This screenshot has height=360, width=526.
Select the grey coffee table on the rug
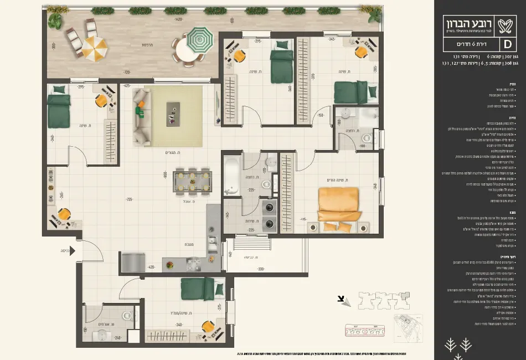coord(174,113)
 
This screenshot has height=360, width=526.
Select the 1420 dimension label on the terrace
coord(178,19)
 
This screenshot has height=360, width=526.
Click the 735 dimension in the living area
coord(129,199)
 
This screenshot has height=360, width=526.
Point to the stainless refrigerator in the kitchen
coord(132,262)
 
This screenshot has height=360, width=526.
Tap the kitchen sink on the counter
coord(213,244)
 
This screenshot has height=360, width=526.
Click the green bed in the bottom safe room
coord(198,288)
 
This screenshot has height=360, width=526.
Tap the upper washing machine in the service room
coord(269,209)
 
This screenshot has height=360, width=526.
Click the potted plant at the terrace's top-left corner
coord(55,20)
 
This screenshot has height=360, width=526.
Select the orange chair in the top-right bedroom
coord(361,52)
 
